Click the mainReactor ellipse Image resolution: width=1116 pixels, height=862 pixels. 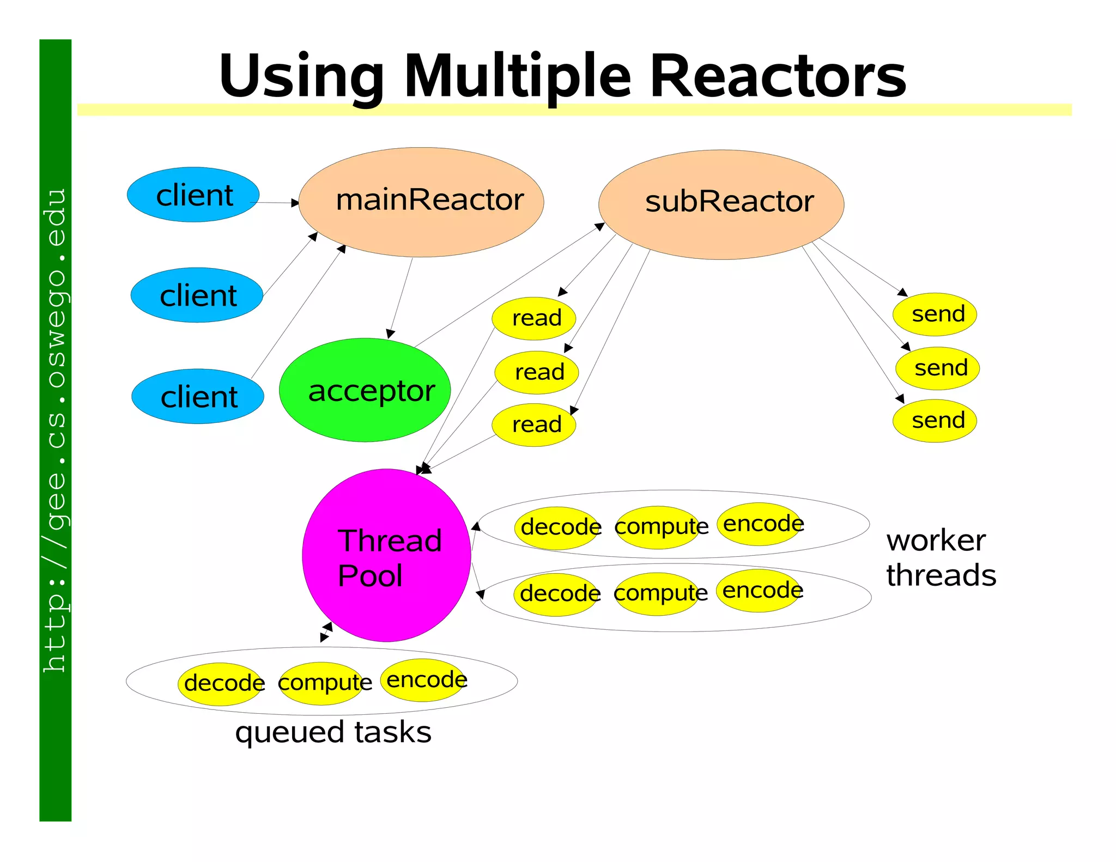tap(421, 202)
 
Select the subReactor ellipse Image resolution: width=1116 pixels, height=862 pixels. tap(721, 204)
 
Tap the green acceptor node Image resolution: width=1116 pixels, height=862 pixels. tap(365, 390)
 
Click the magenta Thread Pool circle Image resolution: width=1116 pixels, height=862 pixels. tap(386, 555)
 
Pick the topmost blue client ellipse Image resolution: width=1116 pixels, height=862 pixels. tap(193, 195)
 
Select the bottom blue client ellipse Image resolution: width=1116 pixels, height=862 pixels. tap(198, 396)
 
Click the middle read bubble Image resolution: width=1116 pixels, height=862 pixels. tap(537, 372)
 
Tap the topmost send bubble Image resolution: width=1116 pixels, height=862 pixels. tap(935, 314)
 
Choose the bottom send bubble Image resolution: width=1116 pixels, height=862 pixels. tap(935, 420)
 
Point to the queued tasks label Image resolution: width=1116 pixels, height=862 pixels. tap(333, 732)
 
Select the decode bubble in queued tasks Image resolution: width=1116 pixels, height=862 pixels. tap(221, 683)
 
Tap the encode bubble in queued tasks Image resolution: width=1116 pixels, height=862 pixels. tap(424, 679)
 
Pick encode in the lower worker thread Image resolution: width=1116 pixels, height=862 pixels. tap(760, 590)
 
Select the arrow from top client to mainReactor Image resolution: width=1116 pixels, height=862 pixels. tap(275, 203)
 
